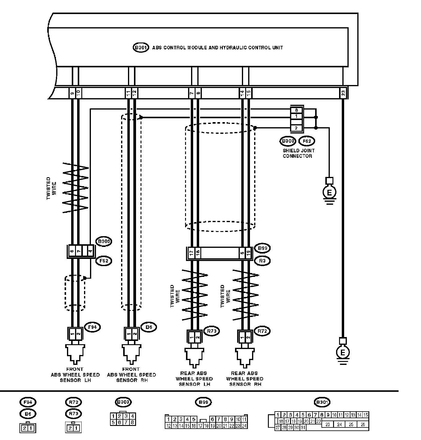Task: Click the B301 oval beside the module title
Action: point(141,48)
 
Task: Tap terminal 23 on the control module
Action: point(343,93)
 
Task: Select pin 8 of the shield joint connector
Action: point(296,110)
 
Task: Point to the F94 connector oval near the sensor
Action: point(92,327)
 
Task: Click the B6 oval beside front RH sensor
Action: point(149,327)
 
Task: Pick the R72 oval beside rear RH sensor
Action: point(262,331)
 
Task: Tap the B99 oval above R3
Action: point(262,248)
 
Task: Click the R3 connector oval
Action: point(262,261)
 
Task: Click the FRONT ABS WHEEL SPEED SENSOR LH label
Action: point(75,375)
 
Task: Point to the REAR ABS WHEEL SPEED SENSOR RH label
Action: point(245,379)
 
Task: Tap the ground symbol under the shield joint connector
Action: point(329,193)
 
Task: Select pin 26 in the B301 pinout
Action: point(363,424)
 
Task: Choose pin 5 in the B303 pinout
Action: point(113,423)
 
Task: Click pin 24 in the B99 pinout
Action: point(244,426)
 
